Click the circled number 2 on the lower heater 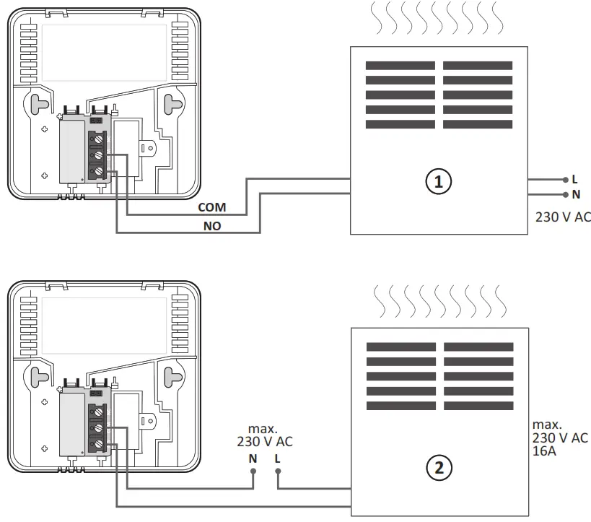pyautogui.click(x=439, y=468)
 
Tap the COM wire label pyautogui.click(x=212, y=207)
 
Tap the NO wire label pyautogui.click(x=211, y=225)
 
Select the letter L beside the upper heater pyautogui.click(x=574, y=179)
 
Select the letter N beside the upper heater pyautogui.click(x=575, y=194)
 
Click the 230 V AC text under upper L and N pyautogui.click(x=563, y=216)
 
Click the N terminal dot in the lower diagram pyautogui.click(x=253, y=473)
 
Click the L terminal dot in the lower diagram pyautogui.click(x=278, y=473)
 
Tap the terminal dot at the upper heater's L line pyautogui.click(x=564, y=179)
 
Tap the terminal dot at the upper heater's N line pyautogui.click(x=564, y=194)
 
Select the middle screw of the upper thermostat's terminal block pyautogui.click(x=96, y=155)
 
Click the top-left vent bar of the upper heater pyautogui.click(x=400, y=65)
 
